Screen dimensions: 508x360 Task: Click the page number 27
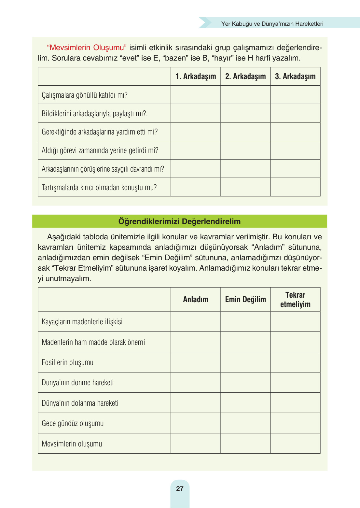180,488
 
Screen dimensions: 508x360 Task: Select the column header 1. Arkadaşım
196,77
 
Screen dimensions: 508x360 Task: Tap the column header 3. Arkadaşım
295,77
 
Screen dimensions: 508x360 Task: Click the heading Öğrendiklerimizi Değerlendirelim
179,221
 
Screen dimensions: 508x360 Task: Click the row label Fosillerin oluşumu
68,362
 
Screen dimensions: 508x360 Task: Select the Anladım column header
196,300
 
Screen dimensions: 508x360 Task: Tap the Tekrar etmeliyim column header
295,300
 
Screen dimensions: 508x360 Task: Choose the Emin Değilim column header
245,300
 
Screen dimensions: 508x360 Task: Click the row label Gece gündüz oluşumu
73,423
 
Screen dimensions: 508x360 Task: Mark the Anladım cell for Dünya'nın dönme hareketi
196,383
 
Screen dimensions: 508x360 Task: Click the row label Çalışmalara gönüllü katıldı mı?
85,95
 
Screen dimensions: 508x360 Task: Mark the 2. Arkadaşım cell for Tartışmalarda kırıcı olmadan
245,187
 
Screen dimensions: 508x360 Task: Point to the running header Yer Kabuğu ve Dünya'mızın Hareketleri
272,24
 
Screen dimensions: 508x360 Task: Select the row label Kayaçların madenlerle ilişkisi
82,322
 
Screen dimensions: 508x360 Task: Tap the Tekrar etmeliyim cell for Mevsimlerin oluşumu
295,444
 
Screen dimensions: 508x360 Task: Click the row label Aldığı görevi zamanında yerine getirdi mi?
100,150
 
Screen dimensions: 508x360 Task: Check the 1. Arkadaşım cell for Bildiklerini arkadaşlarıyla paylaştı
196,113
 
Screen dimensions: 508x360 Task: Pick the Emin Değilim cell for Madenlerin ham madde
245,342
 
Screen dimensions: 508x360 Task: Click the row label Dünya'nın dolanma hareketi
80,403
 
